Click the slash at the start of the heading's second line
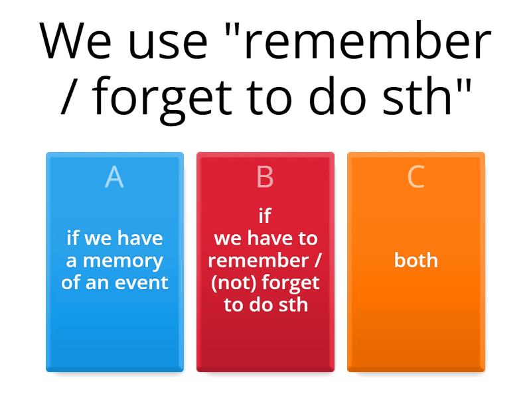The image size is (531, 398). pyautogui.click(x=69, y=97)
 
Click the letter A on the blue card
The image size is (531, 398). pyautogui.click(x=114, y=177)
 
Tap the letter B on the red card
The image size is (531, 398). pyautogui.click(x=265, y=177)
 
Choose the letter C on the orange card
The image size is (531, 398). pyautogui.click(x=416, y=177)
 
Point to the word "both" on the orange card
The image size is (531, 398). pyautogui.click(x=416, y=260)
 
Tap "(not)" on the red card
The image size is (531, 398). pyautogui.click(x=234, y=283)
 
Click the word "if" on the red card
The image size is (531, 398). pyautogui.click(x=265, y=215)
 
